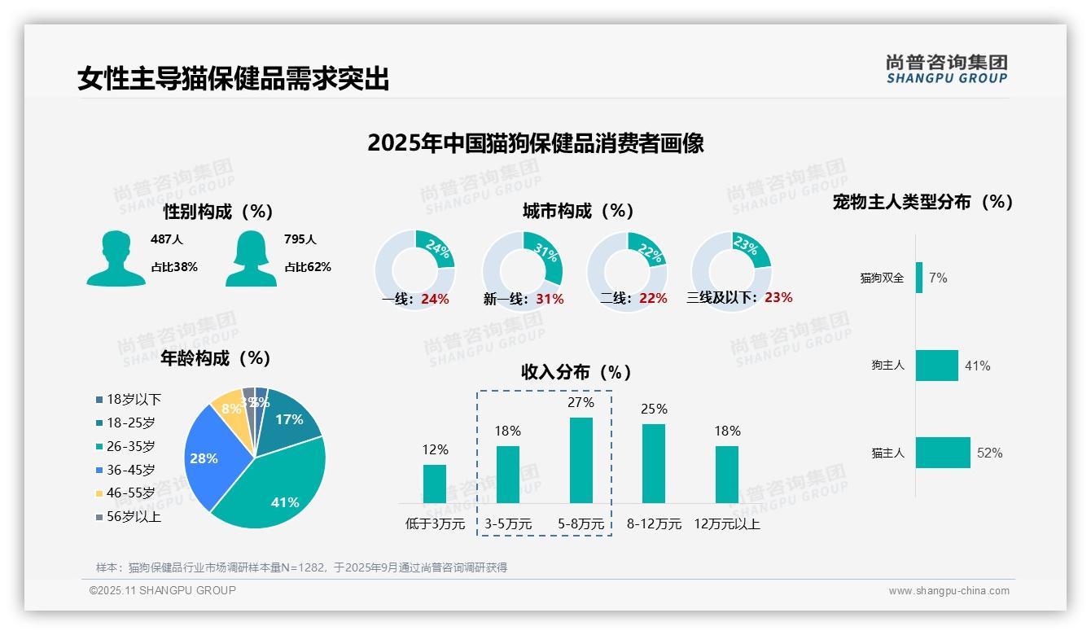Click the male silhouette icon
pos(116,258)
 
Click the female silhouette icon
pos(250,258)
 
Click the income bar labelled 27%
pos(581,460)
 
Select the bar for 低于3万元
pos(435,484)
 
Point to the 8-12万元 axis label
pos(654,524)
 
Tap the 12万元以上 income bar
pos(727,474)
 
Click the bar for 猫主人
pos(943,453)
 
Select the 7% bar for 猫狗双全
pos(919,278)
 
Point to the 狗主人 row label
pos(887,366)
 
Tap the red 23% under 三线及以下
pos(778,298)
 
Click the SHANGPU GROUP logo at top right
pos(946,69)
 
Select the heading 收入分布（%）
pos(576,372)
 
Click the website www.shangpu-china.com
pos(949,591)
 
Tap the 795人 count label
pos(300,239)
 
